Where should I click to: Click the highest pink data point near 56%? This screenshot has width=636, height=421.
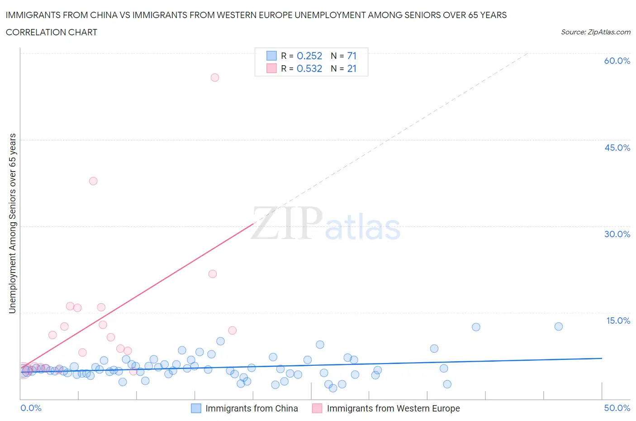[215, 77]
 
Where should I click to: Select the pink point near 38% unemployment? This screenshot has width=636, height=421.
[93, 181]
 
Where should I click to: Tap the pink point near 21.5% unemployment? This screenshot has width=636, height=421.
[213, 274]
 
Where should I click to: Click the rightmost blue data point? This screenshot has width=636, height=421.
[559, 326]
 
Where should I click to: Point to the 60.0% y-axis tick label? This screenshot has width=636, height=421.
[617, 61]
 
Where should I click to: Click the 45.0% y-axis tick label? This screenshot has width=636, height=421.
[617, 148]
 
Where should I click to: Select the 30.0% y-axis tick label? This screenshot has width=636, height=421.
[617, 234]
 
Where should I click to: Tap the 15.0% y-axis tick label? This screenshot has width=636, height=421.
[618, 321]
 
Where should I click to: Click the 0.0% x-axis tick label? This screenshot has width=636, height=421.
[31, 408]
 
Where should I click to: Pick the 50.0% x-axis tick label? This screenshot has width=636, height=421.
[617, 408]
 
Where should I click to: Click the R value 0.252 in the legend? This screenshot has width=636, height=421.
[309, 56]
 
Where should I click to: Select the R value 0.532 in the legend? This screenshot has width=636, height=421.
[309, 68]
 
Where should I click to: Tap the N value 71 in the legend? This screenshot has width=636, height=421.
[352, 56]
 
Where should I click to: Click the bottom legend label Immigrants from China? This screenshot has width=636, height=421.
[252, 408]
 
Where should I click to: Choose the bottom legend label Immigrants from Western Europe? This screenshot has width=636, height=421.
[393, 408]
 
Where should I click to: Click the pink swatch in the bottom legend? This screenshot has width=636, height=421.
[317, 408]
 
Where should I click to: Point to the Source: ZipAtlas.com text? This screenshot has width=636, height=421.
[595, 32]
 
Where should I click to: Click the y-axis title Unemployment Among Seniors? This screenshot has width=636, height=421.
[12, 223]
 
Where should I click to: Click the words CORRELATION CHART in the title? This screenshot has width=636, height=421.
[52, 32]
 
